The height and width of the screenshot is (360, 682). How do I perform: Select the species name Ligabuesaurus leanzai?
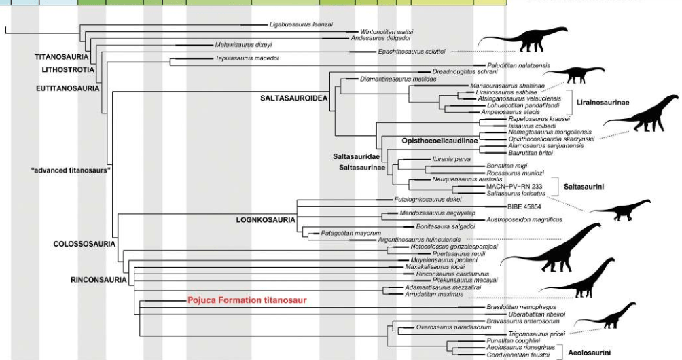point(301,24)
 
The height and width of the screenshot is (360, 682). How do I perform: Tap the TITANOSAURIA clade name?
point(56,57)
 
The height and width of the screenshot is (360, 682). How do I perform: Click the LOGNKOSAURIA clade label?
point(265,220)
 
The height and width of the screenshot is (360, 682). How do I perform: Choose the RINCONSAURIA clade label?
point(98,279)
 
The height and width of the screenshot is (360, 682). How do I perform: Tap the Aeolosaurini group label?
point(588,352)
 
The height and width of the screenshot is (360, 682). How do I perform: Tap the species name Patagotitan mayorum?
point(351,233)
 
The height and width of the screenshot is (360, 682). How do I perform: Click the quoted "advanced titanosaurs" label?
point(82,170)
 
